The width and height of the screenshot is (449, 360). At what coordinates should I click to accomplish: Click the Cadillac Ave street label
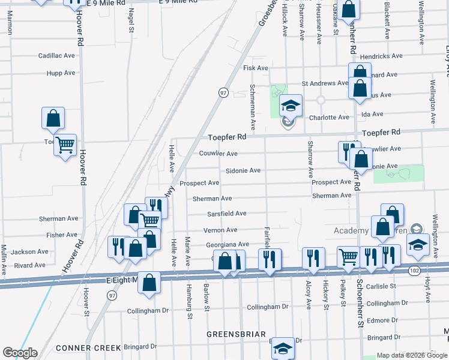point(56,55)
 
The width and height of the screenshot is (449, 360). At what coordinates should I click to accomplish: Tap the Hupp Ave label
point(61,73)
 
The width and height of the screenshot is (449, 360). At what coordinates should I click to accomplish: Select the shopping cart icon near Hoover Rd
point(65,145)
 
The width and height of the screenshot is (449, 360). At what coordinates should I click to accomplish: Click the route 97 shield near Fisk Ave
point(223,92)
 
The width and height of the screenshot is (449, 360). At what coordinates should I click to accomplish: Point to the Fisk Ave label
point(255,68)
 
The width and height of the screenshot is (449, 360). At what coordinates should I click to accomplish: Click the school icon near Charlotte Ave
point(291,106)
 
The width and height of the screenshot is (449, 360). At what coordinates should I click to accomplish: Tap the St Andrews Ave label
point(325,83)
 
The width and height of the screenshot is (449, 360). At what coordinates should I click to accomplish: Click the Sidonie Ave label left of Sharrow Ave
point(243,170)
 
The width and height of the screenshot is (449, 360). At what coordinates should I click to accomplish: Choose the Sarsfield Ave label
point(227,213)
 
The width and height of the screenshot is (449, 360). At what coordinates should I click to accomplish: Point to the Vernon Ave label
point(220,230)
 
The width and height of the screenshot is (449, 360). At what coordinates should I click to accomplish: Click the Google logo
point(20,353)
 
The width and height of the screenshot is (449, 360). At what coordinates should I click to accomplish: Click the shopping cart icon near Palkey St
point(348,257)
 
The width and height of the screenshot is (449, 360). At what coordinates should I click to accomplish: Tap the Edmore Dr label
point(383,320)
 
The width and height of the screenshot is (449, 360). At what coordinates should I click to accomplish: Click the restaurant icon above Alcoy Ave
point(313,257)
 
